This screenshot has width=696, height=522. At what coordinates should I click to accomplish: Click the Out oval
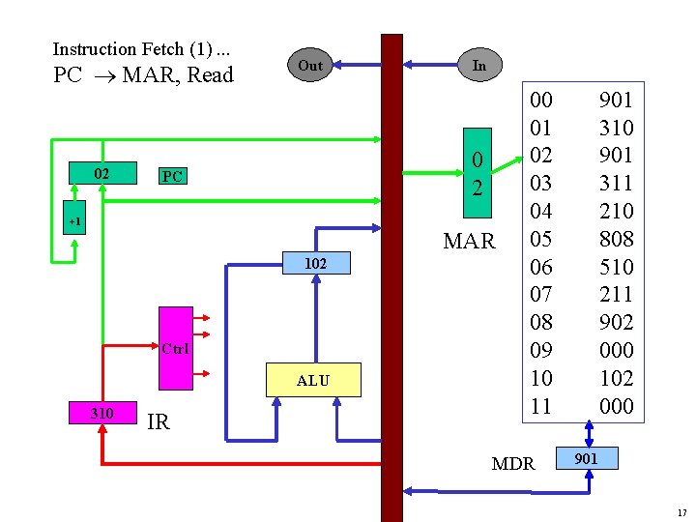coord(309,66)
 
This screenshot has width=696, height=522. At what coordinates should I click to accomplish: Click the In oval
coord(479,65)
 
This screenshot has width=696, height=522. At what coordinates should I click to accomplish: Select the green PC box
coord(172,176)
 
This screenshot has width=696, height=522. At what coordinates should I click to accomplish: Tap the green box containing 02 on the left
coord(101,174)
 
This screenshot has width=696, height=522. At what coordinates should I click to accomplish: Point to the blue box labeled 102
coord(314,263)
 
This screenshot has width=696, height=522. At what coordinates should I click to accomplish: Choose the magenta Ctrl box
coord(175,347)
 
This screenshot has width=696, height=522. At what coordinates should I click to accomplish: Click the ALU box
coord(313,381)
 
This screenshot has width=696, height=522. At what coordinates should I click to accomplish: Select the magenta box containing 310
coord(101,413)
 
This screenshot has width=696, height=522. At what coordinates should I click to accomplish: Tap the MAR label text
coord(469,241)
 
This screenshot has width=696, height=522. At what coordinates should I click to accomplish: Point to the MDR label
coord(512,463)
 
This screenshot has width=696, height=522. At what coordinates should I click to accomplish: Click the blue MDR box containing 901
coord(585,458)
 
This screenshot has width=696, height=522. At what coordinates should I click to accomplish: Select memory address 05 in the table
coord(541,238)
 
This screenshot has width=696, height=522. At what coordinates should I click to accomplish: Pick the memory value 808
coord(616,238)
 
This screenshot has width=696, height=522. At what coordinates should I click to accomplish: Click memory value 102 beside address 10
coord(616,378)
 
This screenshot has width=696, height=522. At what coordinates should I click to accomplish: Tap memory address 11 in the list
coord(541,406)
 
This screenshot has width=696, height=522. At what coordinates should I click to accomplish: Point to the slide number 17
coord(681,511)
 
